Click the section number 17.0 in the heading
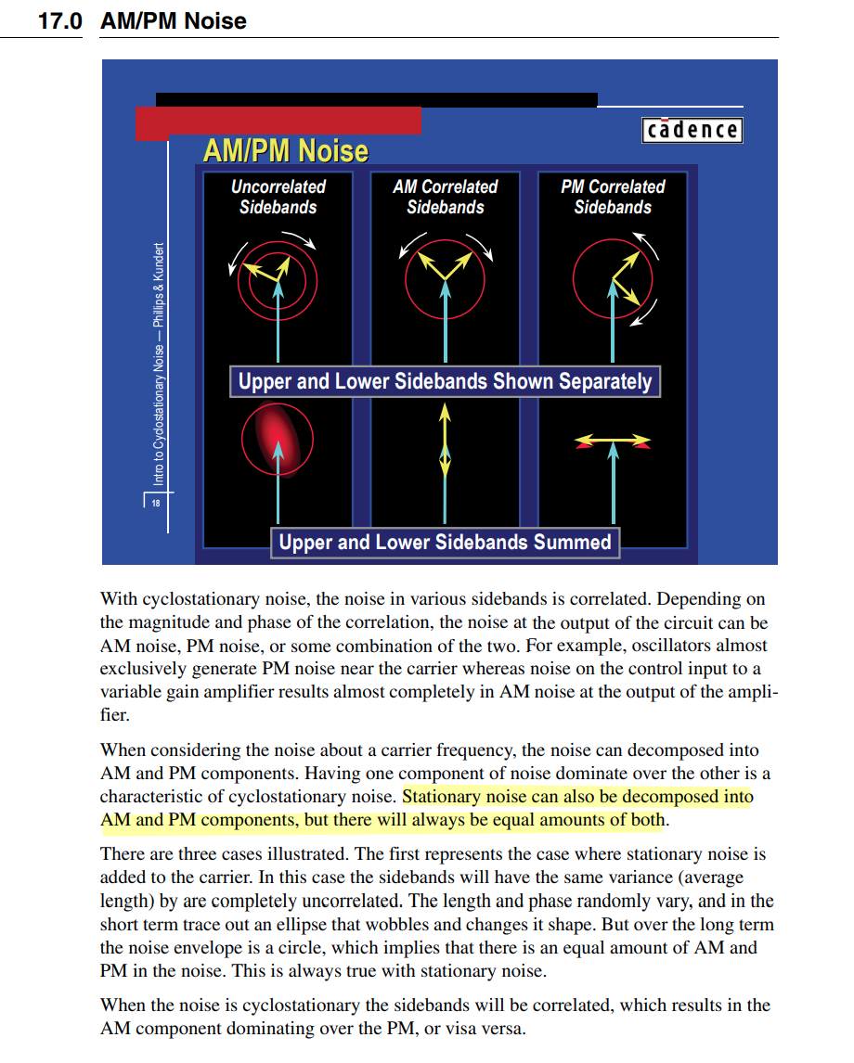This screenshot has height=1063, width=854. pos(59,20)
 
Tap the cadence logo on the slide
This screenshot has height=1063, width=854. pos(692,130)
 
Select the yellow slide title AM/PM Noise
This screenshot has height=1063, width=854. pos(285,151)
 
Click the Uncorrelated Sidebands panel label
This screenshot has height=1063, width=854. pos(278,197)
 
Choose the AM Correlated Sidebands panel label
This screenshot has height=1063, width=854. pos(446,197)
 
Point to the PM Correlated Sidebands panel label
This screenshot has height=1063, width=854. pos(613,197)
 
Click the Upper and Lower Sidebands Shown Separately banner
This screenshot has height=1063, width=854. pos(446,381)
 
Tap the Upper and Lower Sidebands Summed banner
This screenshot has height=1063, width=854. pos(446,542)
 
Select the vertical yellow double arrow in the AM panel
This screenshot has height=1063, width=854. pos(446,441)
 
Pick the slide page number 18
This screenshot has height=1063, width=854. pos(155,504)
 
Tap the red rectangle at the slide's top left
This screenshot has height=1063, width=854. pos(278,122)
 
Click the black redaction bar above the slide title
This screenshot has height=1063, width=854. pos(376,99)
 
